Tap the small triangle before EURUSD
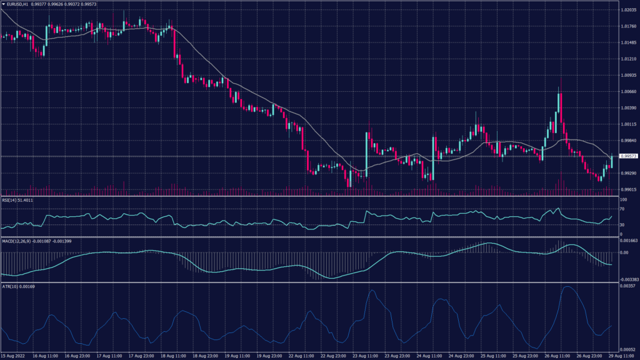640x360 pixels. pos(3,4)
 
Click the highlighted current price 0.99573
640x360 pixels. pos(627,156)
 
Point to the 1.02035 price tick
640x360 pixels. pos(627,11)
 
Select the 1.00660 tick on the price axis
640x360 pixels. pos(627,91)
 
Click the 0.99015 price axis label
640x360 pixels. pos(627,189)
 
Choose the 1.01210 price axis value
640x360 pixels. pos(627,59)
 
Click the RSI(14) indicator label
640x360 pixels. pos(17,200)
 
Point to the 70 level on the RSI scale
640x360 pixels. pos(622,209)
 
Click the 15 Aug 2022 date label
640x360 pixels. pos(14,356)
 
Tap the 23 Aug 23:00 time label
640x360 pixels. pos(399,356)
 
